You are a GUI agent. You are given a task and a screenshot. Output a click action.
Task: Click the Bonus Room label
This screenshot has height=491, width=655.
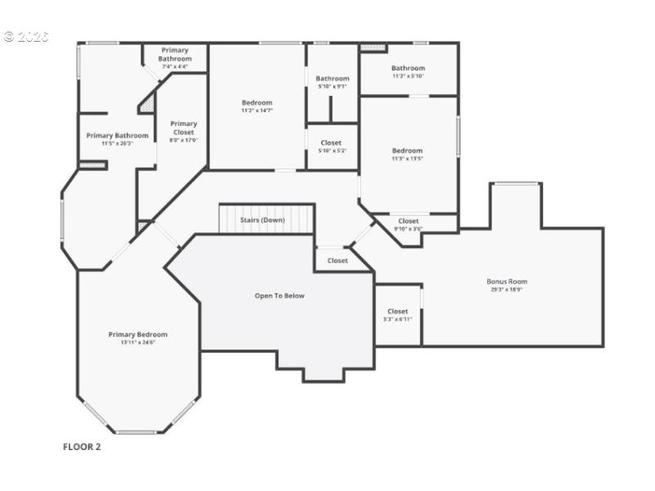point(507,282)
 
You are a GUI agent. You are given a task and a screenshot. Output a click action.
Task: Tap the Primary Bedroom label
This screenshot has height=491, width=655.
point(138,334)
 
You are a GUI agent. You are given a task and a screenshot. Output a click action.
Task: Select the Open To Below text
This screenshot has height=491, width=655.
point(279,295)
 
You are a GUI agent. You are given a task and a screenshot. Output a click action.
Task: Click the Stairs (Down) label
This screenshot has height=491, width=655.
point(262,220)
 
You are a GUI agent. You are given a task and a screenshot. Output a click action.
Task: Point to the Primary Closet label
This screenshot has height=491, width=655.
point(183,128)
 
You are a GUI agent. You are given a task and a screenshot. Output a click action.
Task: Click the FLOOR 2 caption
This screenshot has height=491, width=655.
point(82,447)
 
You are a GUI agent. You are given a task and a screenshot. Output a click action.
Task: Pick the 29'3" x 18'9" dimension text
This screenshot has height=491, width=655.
point(507,290)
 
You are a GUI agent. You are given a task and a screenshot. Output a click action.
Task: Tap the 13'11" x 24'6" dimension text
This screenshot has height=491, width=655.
point(138,342)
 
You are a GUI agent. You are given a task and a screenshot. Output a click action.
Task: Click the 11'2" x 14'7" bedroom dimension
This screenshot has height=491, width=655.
point(257,110)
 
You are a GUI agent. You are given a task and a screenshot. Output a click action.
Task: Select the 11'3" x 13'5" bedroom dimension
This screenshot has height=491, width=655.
point(407,158)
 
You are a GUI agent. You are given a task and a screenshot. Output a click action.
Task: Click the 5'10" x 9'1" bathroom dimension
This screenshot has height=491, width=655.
point(332,86)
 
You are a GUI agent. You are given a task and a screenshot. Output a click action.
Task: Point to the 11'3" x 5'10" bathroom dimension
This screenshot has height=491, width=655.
point(408,76)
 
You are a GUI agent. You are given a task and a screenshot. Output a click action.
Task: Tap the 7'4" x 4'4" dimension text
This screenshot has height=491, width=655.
point(174,66)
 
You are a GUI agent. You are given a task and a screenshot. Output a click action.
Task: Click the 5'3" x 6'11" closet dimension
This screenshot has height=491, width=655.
point(398,319)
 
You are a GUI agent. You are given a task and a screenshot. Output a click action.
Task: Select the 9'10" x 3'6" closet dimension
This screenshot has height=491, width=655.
point(408,228)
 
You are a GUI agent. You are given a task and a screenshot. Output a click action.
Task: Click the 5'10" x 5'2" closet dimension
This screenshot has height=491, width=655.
point(331,151)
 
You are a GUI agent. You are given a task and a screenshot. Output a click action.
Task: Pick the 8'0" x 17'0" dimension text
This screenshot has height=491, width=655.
point(183,140)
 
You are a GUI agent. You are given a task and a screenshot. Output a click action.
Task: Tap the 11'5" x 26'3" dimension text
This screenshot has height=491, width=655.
point(117,143)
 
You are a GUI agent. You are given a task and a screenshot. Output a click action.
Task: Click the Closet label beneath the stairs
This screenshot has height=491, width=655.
point(337,260)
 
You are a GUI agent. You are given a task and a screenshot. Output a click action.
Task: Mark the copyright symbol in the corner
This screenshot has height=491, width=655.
point(9,36)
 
